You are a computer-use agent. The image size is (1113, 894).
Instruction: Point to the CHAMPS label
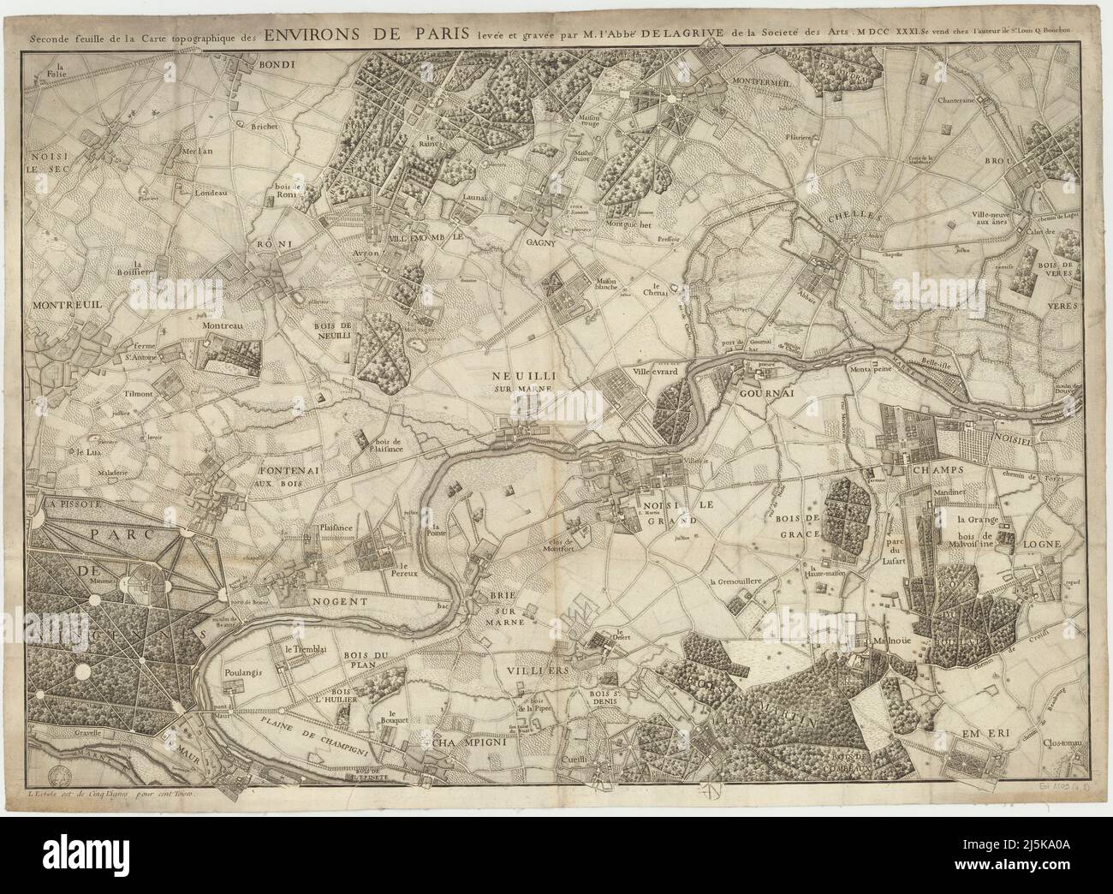point(939,470)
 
